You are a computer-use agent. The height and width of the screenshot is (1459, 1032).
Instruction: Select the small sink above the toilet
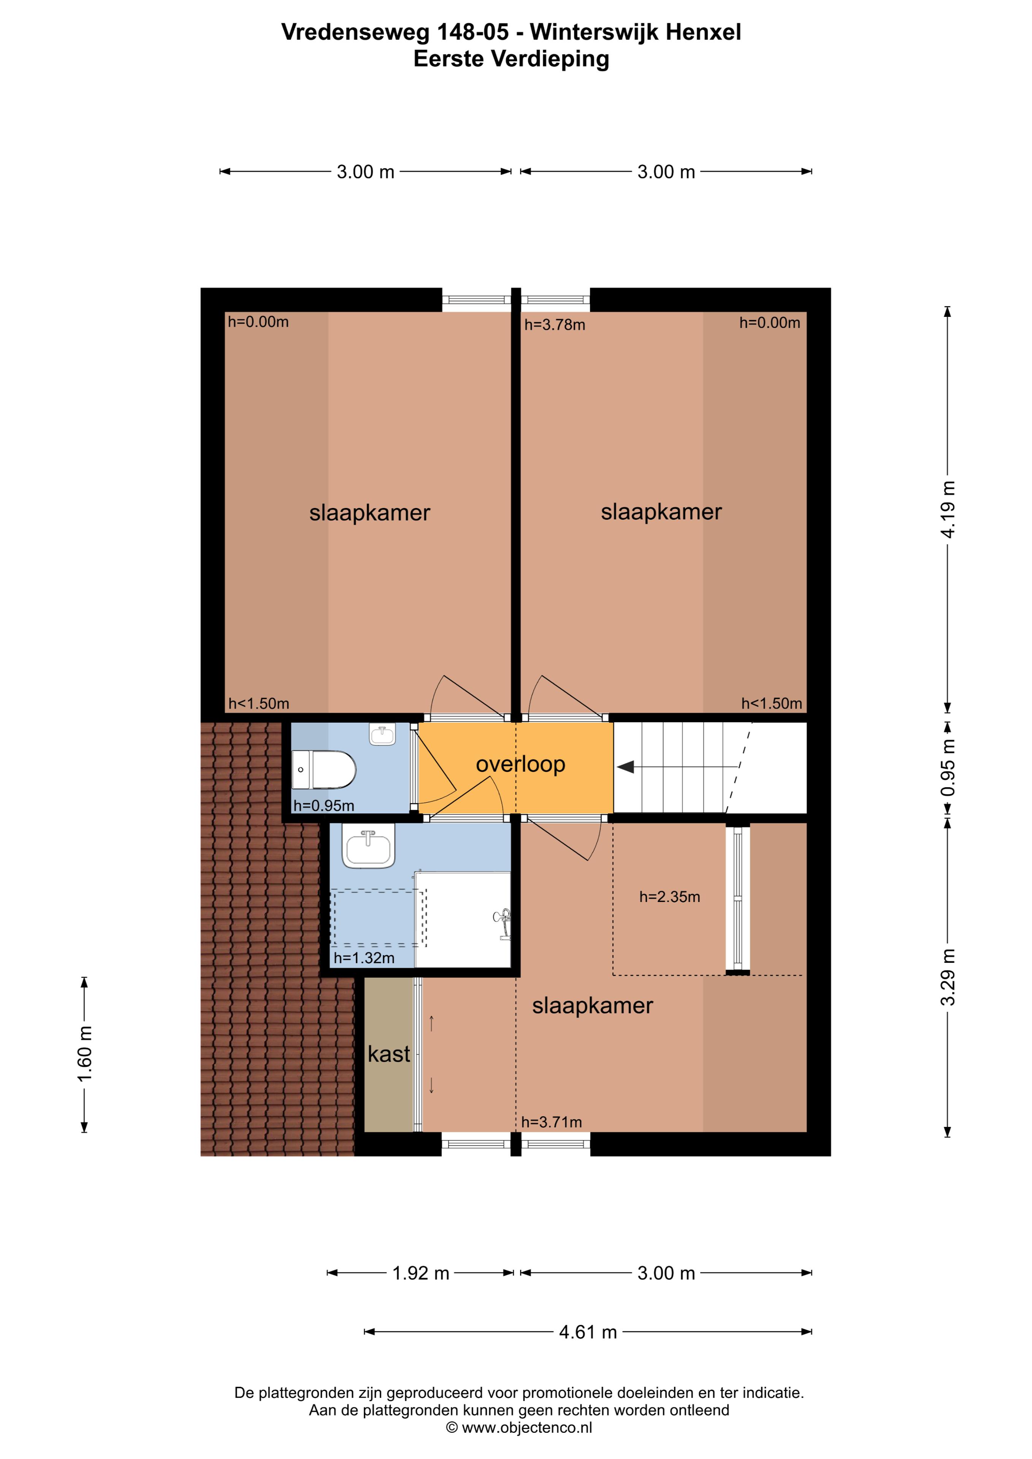tap(382, 735)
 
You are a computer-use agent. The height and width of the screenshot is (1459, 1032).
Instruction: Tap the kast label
tap(388, 1054)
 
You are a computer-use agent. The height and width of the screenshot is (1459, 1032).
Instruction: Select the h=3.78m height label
tap(555, 325)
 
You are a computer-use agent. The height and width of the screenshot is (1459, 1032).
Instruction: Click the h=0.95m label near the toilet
tap(323, 806)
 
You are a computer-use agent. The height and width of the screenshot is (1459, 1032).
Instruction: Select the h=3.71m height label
tap(551, 1122)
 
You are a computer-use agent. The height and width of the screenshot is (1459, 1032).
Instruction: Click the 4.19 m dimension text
tap(948, 509)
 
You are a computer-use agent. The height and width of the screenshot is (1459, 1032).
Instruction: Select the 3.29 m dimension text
tap(948, 977)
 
